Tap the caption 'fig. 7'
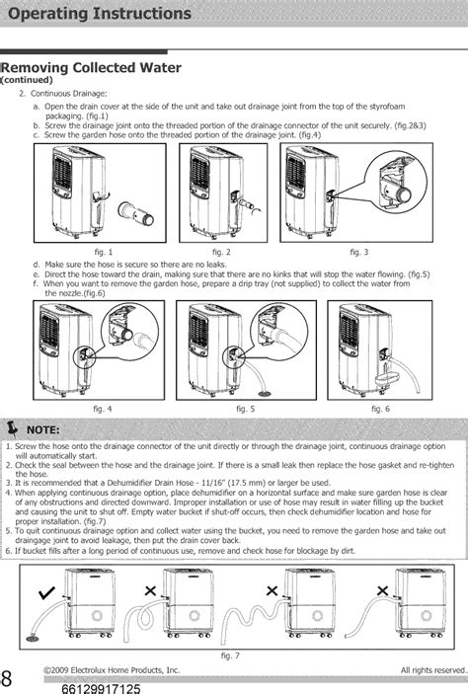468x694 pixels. (x=233, y=654)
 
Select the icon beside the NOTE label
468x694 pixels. (x=14, y=428)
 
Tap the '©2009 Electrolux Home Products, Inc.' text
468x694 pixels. (x=112, y=670)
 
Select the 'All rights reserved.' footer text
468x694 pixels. (x=432, y=670)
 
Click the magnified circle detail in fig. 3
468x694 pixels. (x=400, y=184)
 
